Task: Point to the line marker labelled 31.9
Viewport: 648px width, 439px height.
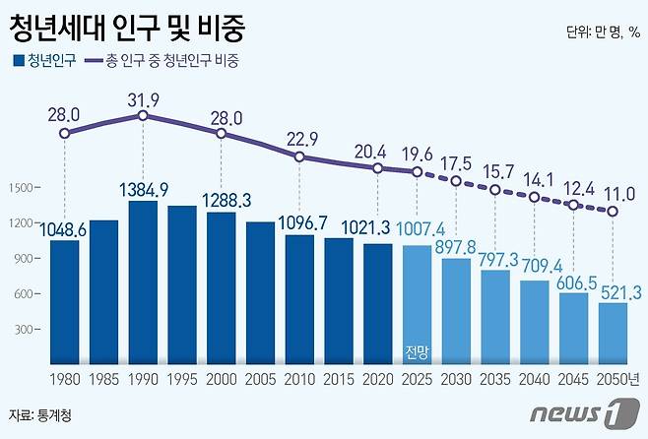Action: tap(143, 115)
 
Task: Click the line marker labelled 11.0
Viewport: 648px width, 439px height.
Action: tap(614, 211)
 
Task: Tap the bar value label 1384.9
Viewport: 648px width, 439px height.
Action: tap(144, 189)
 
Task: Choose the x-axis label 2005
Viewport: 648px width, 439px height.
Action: tap(261, 379)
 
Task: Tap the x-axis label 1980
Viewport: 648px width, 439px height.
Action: tap(64, 379)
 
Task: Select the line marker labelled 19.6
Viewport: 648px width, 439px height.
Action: tap(418, 172)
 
